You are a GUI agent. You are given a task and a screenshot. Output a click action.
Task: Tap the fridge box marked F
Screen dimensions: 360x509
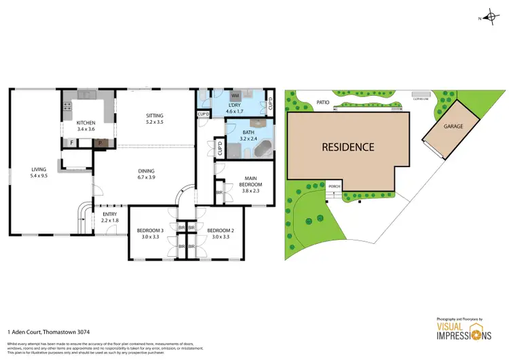[71, 143]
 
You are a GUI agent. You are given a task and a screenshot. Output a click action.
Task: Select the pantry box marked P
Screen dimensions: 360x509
[99, 143]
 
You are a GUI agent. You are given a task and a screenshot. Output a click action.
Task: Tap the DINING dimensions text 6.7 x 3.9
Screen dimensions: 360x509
[156, 178]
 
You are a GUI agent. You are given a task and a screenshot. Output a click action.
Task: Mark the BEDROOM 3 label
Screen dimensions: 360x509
[151, 230]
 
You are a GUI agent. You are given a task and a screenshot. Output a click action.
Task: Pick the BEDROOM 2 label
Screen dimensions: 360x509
[221, 230]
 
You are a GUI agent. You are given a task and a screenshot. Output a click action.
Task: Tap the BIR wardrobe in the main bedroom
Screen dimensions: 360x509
[219, 192]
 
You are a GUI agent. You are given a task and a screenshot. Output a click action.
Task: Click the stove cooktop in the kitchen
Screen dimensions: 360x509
[67, 106]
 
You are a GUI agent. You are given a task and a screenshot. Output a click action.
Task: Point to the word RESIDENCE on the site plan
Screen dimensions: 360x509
[348, 146]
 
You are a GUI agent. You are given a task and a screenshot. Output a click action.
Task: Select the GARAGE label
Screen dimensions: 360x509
[453, 126]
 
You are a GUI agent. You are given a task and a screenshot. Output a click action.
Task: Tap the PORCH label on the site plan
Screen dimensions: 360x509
[333, 186]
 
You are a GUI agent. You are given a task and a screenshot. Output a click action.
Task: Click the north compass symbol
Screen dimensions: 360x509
[490, 18]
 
